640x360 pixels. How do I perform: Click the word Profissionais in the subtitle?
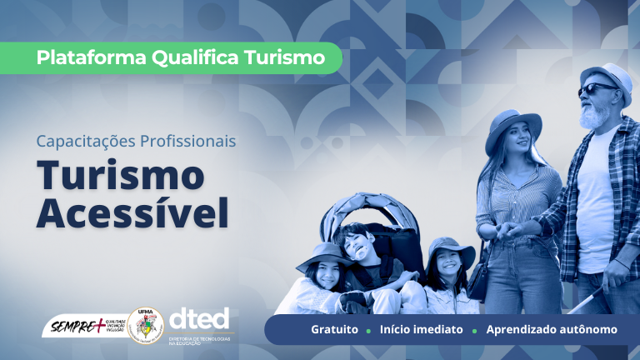[188, 141]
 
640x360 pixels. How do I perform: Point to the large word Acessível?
[132, 213]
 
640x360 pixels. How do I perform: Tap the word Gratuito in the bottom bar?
[334, 329]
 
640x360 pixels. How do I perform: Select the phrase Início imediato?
[421, 329]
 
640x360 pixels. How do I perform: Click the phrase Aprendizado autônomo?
[552, 329]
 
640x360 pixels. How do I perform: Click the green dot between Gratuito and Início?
[368, 330]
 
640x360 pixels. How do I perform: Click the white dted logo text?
[198, 318]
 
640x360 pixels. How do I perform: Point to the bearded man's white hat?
[606, 74]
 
